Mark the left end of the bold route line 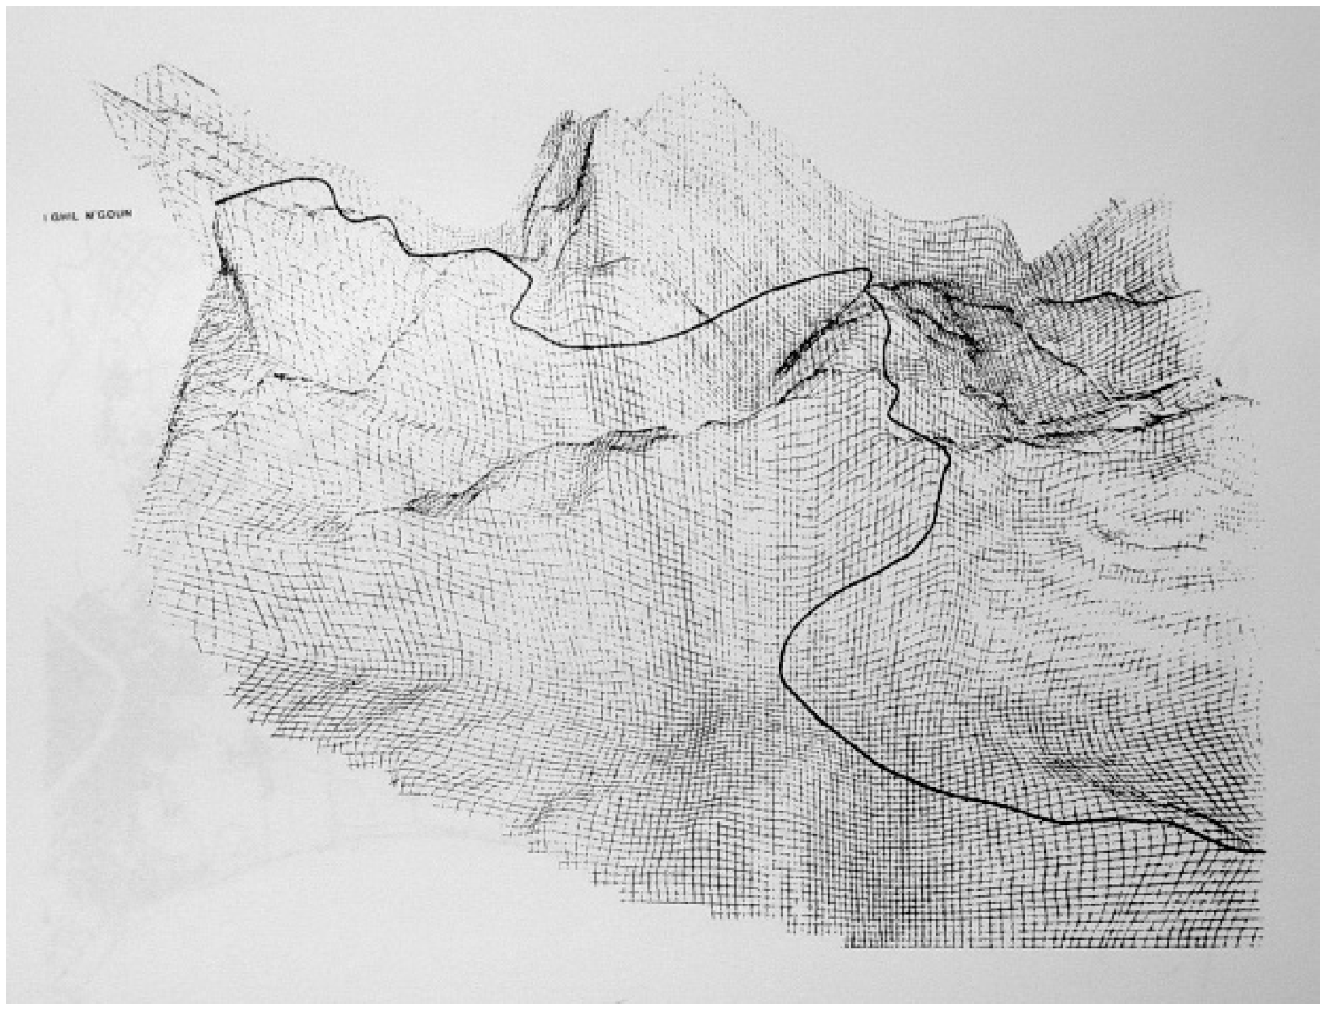pos(217,202)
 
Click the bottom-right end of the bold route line pos(1263,852)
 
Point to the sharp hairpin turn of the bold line pos(867,272)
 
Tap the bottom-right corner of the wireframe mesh pos(1260,945)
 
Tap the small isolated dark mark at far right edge pos(1218,381)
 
